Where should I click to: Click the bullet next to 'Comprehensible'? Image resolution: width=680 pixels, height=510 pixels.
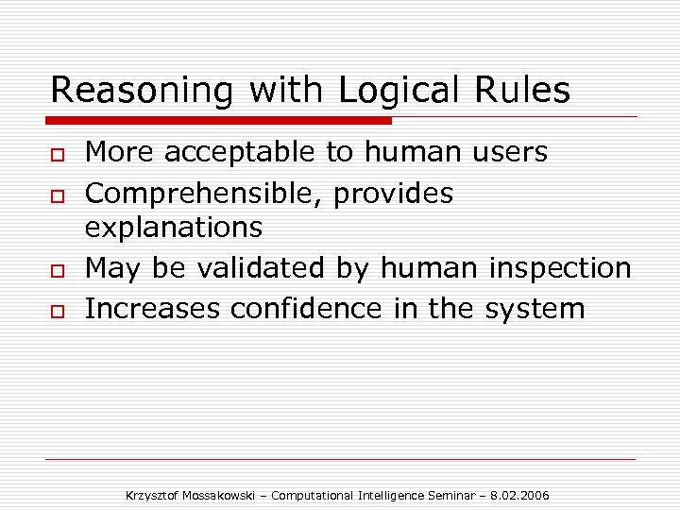(59, 195)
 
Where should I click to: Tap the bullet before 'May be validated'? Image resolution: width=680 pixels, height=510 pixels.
(59, 271)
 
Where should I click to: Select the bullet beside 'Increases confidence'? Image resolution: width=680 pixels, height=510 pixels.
(59, 311)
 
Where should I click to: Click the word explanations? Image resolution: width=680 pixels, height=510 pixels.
(174, 228)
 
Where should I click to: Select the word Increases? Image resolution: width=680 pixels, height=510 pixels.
(145, 308)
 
